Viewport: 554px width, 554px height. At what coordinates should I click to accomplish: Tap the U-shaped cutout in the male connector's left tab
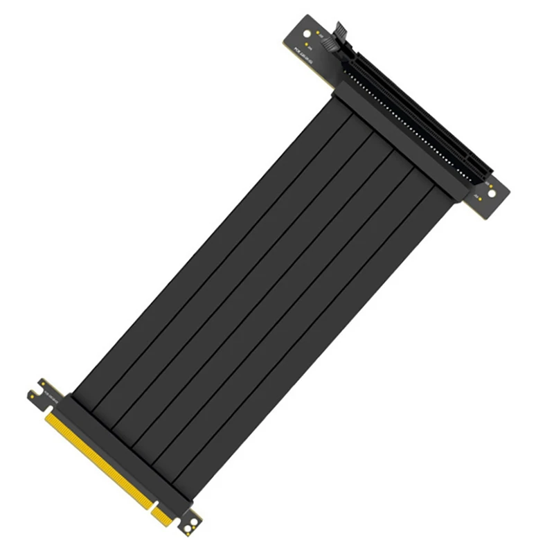pyautogui.click(x=33, y=395)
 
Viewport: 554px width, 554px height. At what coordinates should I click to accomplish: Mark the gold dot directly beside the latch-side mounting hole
pyautogui.click(x=318, y=33)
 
